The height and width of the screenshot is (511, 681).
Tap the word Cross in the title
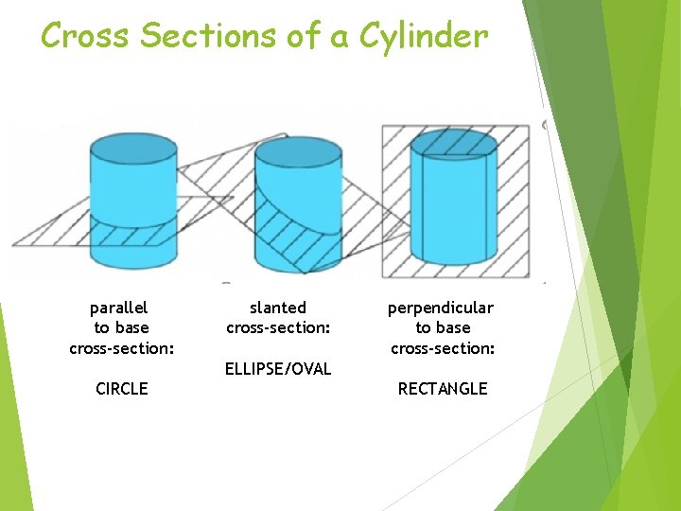(x=86, y=36)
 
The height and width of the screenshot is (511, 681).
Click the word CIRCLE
(x=122, y=388)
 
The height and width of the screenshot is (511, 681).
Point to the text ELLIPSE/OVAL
(x=278, y=368)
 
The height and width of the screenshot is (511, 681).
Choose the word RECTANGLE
(x=443, y=388)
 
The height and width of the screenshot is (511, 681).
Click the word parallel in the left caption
(x=118, y=308)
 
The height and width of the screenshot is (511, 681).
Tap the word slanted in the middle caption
(x=278, y=308)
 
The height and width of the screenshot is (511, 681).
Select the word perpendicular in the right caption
(x=441, y=308)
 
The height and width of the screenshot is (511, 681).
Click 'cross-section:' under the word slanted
(x=278, y=328)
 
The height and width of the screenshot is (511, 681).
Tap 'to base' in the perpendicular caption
(x=443, y=327)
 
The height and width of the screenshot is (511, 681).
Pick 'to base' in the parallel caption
(x=121, y=327)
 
